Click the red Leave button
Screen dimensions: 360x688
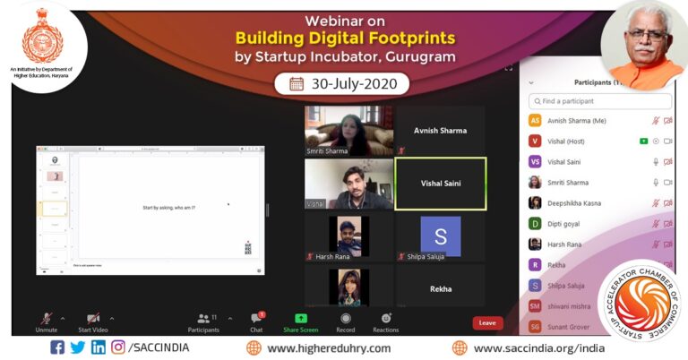487,322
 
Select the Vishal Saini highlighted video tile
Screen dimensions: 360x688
441,184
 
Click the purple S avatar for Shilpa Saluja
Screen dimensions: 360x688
440,236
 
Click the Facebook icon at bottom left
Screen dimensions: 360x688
57,347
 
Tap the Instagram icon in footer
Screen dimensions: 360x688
118,347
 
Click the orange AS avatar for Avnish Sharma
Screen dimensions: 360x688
535,120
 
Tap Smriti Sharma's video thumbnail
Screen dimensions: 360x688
348,131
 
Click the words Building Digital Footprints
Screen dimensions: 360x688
344,38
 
